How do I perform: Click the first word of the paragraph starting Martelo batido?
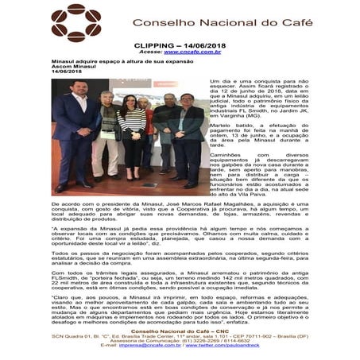tap(222, 125)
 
